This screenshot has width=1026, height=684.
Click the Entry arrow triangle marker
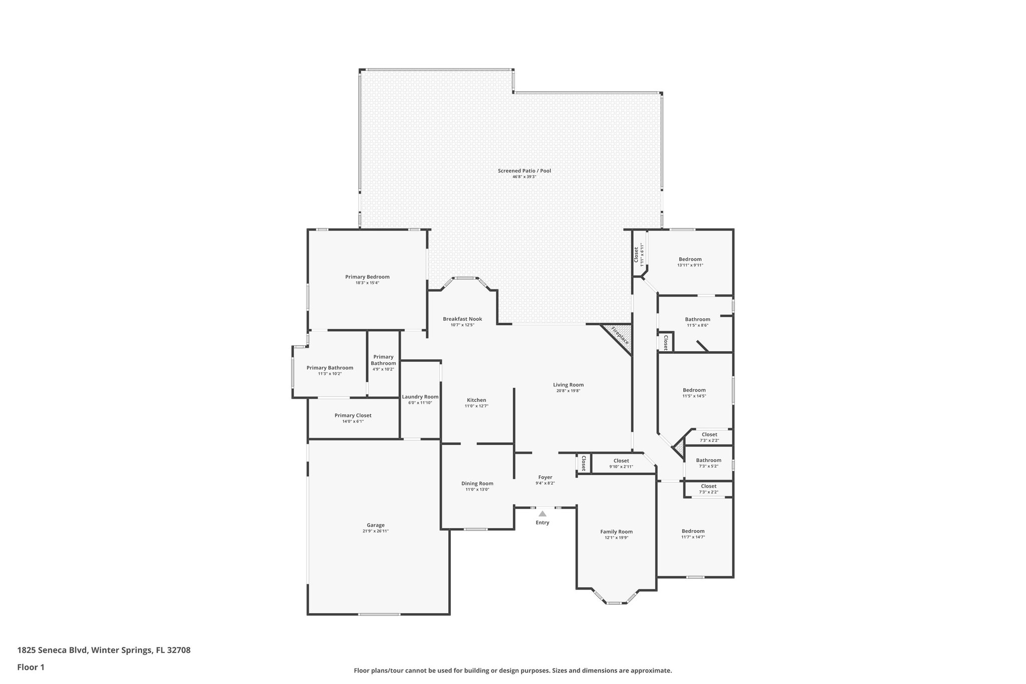(542, 514)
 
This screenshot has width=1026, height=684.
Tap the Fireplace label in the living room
(620, 335)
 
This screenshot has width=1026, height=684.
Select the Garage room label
(375, 525)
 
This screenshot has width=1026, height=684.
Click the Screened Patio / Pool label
(524, 171)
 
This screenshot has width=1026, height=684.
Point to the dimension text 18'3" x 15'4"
(367, 283)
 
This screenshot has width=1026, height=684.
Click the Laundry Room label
(420, 397)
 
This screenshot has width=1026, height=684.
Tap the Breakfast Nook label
(462, 319)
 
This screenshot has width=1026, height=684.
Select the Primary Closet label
(353, 415)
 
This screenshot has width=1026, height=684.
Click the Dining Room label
(477, 484)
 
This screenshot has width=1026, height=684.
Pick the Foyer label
(545, 478)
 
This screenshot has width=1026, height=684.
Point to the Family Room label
(616, 532)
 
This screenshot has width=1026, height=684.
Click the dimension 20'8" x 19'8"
(568, 391)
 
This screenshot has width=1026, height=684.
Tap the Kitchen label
(476, 400)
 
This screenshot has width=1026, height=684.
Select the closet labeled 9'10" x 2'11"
(621, 464)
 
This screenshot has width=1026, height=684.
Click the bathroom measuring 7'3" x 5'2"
(708, 463)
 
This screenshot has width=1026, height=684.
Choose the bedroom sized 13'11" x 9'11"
(690, 262)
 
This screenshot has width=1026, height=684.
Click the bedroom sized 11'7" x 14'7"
(693, 534)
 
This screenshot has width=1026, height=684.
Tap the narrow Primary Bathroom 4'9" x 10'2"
(383, 363)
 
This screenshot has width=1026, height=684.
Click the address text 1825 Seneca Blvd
(53, 650)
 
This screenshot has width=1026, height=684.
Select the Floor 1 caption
(31, 667)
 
